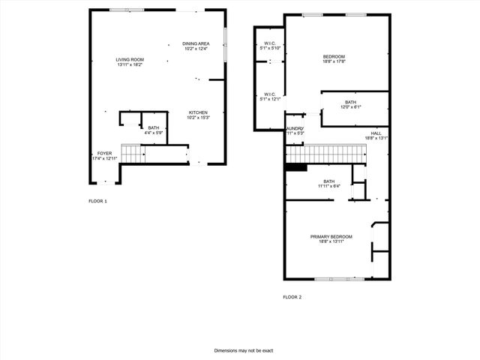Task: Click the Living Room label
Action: (130, 59)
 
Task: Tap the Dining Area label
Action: (196, 43)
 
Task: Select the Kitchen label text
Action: (198, 112)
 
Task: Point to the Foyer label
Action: (104, 153)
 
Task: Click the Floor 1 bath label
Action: (153, 127)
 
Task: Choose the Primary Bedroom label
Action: (331, 236)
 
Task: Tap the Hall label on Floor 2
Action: (376, 133)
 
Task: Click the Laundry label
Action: (293, 129)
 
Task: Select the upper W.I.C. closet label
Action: (270, 43)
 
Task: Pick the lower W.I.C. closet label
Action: (270, 94)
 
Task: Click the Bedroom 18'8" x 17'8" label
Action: (334, 57)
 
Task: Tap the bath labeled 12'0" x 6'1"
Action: (351, 102)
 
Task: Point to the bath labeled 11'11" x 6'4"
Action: (328, 181)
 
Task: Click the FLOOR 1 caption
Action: (97, 201)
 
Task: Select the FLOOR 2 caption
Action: (292, 297)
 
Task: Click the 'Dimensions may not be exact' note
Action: (244, 350)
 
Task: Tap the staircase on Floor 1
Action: (132, 154)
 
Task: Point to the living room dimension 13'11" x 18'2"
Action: (130, 64)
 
